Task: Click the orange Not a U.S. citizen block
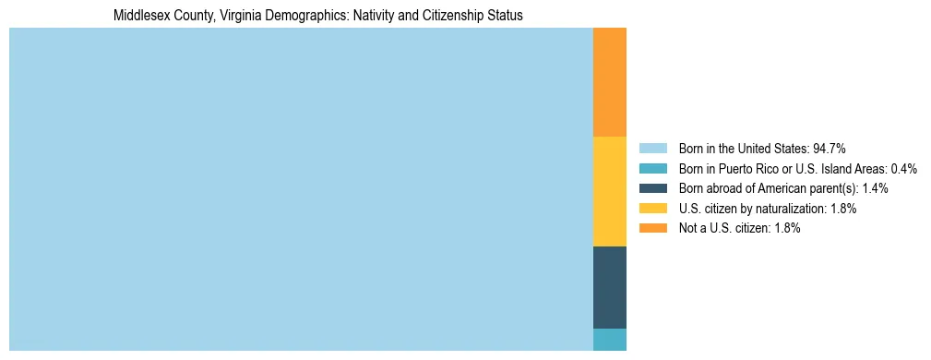[x=609, y=82]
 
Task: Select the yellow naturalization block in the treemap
[x=609, y=191]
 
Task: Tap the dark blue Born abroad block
[x=609, y=287]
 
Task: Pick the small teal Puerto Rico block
[x=609, y=340]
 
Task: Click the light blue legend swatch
[x=652, y=149]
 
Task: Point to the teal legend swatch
[x=652, y=169]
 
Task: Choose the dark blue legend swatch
[x=652, y=188]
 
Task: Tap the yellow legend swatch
[x=652, y=209]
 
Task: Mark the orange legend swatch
[x=652, y=228]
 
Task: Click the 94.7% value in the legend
[x=830, y=149]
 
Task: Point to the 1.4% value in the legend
[x=876, y=188]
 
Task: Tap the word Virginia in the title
[x=244, y=16]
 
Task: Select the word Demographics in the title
[x=312, y=16]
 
